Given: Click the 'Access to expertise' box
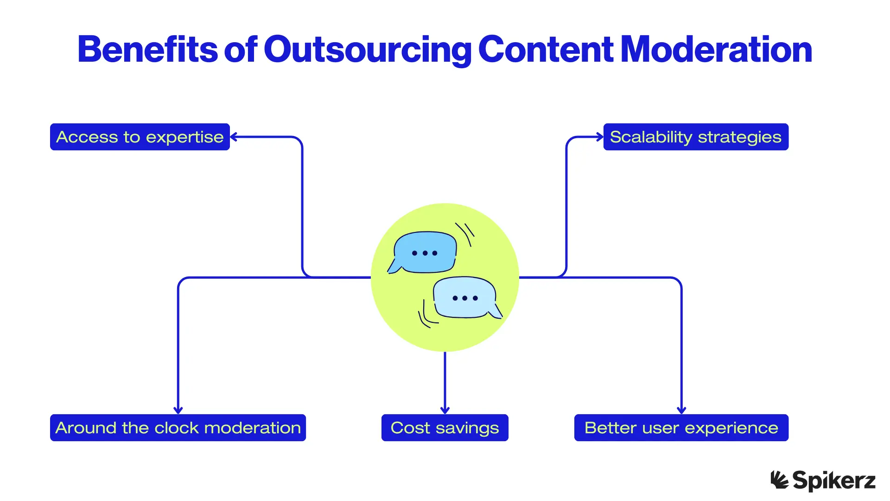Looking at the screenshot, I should (140, 137).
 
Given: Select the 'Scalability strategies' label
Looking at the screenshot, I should (695, 137).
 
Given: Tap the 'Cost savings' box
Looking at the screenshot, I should (445, 428).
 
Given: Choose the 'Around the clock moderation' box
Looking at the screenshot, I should (178, 428).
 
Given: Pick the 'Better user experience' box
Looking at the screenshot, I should (681, 428).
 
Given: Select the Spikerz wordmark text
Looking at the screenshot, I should (834, 481).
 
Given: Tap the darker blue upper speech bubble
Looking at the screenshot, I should (425, 252).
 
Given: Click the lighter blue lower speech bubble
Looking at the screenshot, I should (465, 298).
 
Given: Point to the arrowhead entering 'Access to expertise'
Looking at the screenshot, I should (233, 137).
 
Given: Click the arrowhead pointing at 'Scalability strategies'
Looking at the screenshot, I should (600, 137).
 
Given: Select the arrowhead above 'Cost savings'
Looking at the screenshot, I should (445, 410).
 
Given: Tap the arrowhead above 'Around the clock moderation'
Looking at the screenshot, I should (178, 410).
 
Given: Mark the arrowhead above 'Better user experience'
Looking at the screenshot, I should (681, 410).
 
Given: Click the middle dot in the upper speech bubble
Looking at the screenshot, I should (425, 253).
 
